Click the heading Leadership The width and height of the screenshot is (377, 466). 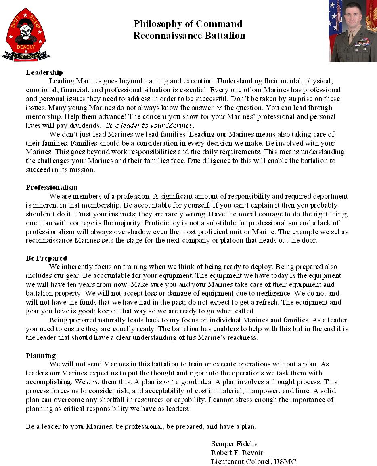click(44, 72)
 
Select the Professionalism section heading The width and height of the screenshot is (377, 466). click(51, 187)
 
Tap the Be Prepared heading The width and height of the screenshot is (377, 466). click(46, 258)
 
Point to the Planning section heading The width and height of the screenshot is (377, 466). click(40, 356)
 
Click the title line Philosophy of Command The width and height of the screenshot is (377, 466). click(188, 24)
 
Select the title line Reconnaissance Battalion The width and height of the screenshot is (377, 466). click(189, 36)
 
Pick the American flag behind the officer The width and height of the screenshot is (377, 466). click(335, 18)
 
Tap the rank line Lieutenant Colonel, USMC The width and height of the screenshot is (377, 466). click(253, 462)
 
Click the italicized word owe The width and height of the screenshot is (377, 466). click(92, 382)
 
